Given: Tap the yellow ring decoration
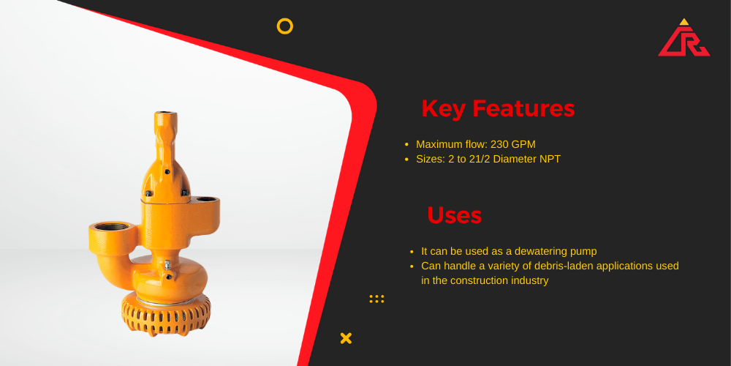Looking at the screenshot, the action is click(x=285, y=20).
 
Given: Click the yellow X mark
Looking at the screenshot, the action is click(x=346, y=338).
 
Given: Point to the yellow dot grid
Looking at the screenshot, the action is click(x=376, y=299).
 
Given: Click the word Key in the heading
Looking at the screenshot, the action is click(x=444, y=109).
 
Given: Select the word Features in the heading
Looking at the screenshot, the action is click(x=523, y=108).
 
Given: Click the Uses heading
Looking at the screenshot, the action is click(x=455, y=215).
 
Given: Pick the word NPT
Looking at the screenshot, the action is click(x=550, y=159).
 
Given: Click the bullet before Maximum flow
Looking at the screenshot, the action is click(x=407, y=145).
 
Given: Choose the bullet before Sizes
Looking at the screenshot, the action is click(x=407, y=159).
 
